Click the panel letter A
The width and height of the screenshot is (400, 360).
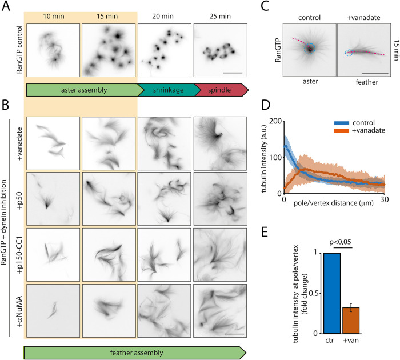[x=6, y=7]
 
